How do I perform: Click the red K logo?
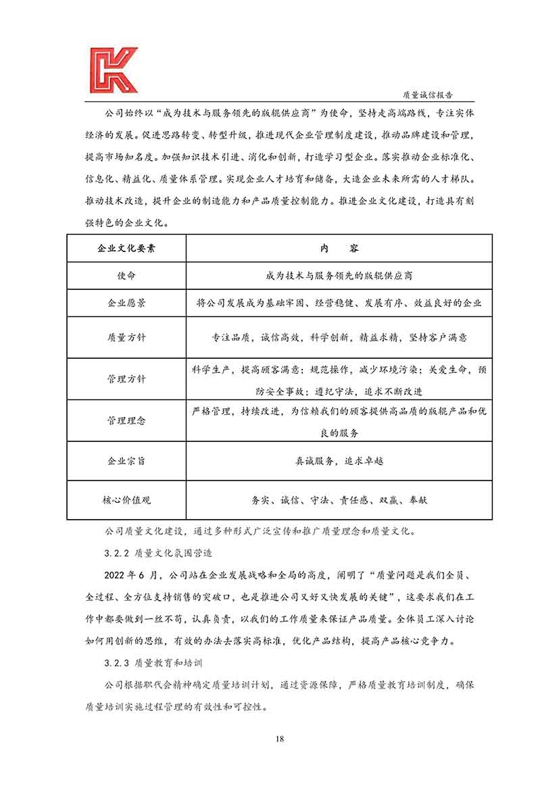click(x=113, y=70)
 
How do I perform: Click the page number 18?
click(x=279, y=738)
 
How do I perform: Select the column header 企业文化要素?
click(x=126, y=248)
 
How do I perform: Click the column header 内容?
click(x=339, y=248)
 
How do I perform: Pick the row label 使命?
click(x=126, y=276)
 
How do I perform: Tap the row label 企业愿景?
click(x=126, y=303)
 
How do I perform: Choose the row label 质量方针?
click(x=126, y=337)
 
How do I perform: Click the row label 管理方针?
click(x=126, y=379)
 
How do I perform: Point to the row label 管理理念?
click(x=126, y=420)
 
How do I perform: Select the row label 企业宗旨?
click(x=126, y=461)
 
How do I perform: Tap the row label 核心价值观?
click(x=126, y=500)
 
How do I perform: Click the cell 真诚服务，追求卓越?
click(x=339, y=461)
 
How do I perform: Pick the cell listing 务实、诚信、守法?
click(x=339, y=500)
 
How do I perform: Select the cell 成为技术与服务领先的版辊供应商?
click(x=339, y=276)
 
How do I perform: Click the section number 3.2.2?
click(x=118, y=553)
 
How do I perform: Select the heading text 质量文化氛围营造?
click(x=174, y=553)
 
